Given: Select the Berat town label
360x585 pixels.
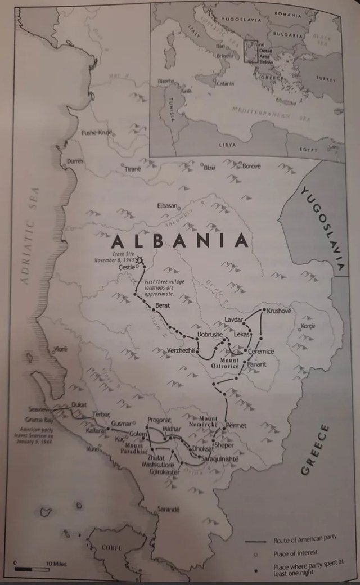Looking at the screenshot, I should tap(162, 307).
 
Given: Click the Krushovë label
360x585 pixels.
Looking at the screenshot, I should tap(279, 310).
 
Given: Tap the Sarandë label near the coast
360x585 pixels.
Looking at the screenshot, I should tap(168, 509).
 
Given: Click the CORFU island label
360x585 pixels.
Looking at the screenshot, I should tap(112, 547).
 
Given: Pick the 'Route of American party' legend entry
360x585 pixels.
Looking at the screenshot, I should tap(304, 538).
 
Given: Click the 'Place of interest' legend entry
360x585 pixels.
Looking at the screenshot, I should tap(296, 553).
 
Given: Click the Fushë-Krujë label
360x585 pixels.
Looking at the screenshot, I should tap(97, 133).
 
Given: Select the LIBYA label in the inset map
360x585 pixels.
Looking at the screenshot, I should tap(227, 145).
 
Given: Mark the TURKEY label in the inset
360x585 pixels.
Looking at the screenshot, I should tap(325, 78).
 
